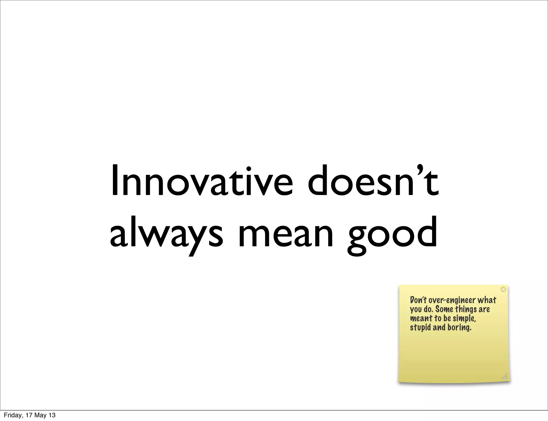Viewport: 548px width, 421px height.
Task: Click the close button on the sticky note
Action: point(503,289)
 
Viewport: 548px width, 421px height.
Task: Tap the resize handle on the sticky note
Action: point(504,376)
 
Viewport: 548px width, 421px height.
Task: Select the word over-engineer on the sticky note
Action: point(452,300)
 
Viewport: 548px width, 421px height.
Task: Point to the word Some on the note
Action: point(444,309)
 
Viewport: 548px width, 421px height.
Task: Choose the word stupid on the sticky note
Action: point(420,328)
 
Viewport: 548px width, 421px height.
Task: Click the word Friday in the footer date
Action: point(11,415)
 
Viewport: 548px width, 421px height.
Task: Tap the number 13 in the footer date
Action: point(52,415)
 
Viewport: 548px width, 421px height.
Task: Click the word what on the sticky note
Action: point(487,300)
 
